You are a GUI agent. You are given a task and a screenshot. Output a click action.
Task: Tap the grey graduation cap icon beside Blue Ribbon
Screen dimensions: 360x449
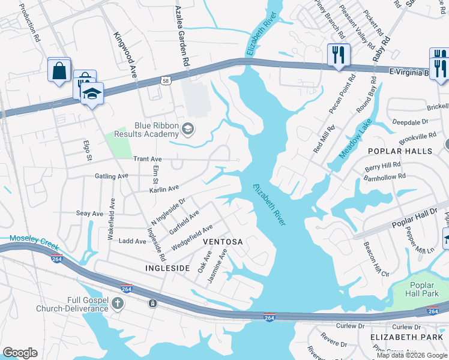click(x=188, y=129)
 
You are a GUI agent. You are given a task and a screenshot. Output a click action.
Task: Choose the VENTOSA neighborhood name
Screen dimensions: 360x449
click(x=223, y=242)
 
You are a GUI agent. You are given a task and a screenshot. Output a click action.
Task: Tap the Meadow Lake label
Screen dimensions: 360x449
click(x=355, y=139)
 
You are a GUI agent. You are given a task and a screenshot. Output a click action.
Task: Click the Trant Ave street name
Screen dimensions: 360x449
click(x=148, y=159)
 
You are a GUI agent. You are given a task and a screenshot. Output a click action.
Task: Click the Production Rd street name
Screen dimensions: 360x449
click(x=28, y=22)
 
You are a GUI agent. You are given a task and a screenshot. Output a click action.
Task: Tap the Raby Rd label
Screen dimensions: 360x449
click(x=382, y=53)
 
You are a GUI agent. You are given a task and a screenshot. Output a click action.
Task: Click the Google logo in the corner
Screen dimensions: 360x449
click(x=20, y=353)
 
